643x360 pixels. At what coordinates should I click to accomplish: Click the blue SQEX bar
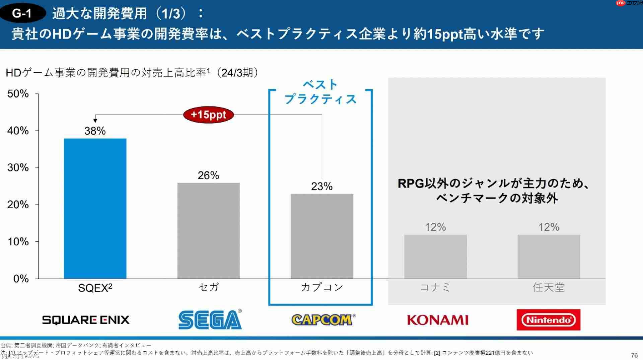coord(95,208)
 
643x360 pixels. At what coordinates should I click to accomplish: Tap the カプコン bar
coord(322,236)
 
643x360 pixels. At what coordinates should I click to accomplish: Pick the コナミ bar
coord(435,257)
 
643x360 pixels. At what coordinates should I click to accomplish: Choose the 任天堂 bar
coord(549,257)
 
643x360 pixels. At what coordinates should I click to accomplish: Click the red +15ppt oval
coord(208,115)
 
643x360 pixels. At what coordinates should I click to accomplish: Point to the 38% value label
coord(95,131)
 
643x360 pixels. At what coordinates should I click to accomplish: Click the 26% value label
coord(208,175)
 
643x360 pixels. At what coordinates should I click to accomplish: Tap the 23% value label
coord(322,187)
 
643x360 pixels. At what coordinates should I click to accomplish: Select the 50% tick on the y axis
coord(18,94)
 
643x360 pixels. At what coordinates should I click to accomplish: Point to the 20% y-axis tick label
coord(18,205)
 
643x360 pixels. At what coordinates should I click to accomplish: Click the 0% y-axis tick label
coord(21,279)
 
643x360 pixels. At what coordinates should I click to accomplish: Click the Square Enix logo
coord(86,320)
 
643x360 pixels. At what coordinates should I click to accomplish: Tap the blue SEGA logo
coord(210,319)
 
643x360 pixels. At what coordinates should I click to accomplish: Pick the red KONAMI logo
coord(438,320)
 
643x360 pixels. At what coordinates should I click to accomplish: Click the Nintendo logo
coord(548,320)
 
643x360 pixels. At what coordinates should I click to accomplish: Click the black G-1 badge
coord(22,13)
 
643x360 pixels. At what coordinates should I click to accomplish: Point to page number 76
coord(634,355)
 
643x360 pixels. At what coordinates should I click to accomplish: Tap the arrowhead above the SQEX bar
coord(95,121)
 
